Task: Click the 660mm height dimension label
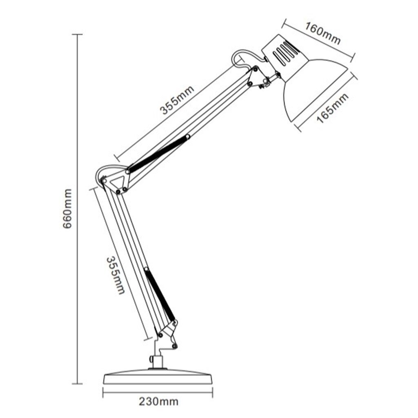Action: [67, 209]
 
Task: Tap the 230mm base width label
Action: [159, 401]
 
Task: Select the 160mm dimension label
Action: [323, 33]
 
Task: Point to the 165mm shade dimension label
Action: [332, 108]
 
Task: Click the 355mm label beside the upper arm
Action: [177, 100]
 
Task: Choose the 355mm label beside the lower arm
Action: [116, 276]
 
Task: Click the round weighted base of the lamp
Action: [158, 376]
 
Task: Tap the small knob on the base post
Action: [151, 359]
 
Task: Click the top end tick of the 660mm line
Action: [77, 34]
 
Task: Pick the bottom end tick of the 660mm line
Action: [77, 384]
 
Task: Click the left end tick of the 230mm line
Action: [103, 392]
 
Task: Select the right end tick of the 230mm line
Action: [212, 392]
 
